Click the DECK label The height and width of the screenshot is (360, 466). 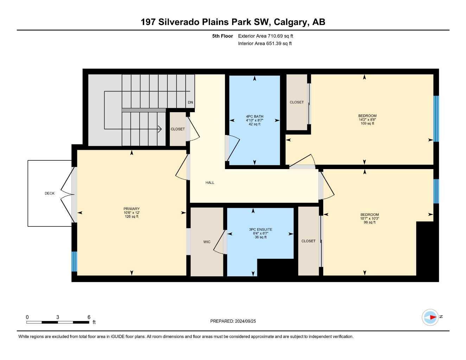[50, 193]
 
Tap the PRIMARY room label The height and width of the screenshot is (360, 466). [132, 209]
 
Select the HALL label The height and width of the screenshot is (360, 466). [210, 182]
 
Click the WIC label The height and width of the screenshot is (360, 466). [207, 242]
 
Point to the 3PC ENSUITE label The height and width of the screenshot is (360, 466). [260, 230]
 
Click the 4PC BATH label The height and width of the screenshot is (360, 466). [255, 117]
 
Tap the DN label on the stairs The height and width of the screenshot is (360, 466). [190, 102]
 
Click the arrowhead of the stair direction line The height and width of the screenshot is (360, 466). [160, 129]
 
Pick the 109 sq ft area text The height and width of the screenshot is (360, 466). [368, 123]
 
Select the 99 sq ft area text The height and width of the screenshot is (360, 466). [370, 223]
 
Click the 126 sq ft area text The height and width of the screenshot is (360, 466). [132, 217]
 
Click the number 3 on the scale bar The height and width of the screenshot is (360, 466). [57, 317]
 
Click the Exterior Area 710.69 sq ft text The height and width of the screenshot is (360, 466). [266, 36]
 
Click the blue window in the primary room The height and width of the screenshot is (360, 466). [74, 262]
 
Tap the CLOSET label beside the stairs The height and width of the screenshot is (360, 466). [178, 129]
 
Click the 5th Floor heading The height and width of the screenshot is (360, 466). [222, 36]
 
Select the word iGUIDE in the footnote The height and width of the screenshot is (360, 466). [117, 337]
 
